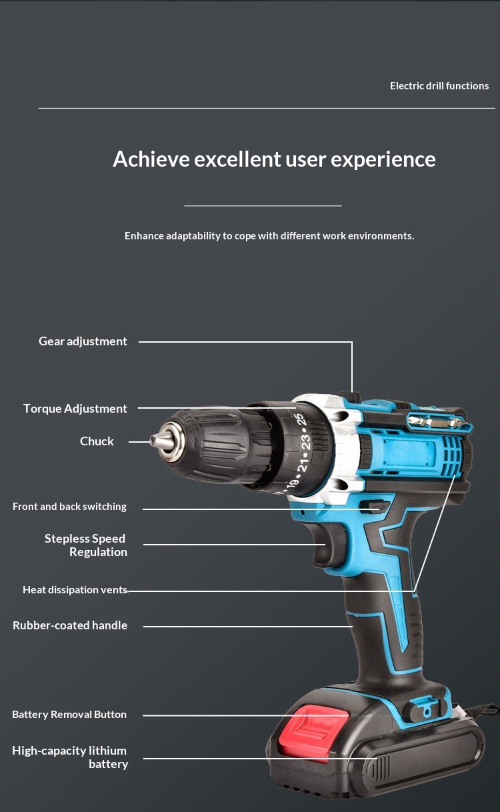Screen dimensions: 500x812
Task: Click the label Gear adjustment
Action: (x=83, y=341)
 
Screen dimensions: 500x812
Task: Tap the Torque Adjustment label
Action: (x=75, y=409)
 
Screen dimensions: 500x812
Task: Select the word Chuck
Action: (x=97, y=441)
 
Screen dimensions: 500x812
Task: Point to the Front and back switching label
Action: (x=69, y=507)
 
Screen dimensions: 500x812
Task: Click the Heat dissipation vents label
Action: (x=75, y=590)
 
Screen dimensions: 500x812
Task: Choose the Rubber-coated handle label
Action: (x=70, y=625)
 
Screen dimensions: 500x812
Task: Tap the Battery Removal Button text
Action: (x=69, y=714)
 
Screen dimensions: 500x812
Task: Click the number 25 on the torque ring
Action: (x=301, y=421)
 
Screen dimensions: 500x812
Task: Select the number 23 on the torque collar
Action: (x=305, y=443)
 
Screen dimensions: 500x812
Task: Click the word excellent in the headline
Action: (x=237, y=159)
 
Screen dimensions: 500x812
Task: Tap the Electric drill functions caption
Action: (x=439, y=86)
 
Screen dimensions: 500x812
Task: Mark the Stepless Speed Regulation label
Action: (x=86, y=545)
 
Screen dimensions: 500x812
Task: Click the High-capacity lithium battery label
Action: (x=70, y=757)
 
